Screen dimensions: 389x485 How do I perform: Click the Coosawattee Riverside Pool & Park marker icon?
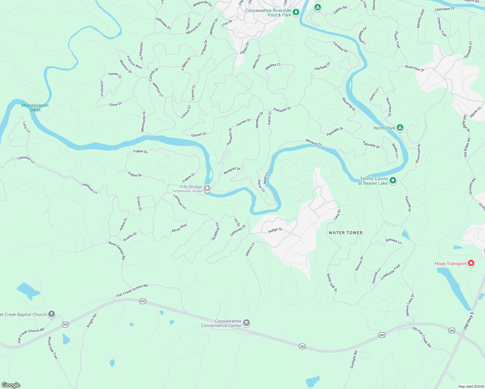[296, 12]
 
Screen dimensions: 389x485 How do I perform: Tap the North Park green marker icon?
[400, 127]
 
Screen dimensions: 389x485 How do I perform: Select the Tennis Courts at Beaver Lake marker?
[393, 180]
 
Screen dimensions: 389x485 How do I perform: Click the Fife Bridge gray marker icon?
[207, 188]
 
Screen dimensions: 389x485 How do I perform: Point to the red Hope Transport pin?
[471, 263]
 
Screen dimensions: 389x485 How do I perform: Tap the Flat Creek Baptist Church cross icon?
[51, 314]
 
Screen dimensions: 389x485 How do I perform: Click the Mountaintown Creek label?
[35, 108]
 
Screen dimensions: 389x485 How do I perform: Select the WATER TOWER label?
[346, 233]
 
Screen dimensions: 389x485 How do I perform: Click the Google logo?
[11, 385]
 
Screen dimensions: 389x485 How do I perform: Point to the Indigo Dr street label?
[275, 230]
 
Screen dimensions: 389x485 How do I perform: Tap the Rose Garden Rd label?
[117, 251]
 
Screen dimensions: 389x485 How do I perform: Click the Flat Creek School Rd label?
[132, 291]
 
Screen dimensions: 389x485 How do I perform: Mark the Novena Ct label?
[313, 142]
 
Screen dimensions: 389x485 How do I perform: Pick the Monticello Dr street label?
[143, 122]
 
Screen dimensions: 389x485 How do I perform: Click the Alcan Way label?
[179, 228]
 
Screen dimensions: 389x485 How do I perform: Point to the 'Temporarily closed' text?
[187, 191]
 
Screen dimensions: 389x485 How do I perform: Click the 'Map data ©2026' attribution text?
[470, 386]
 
